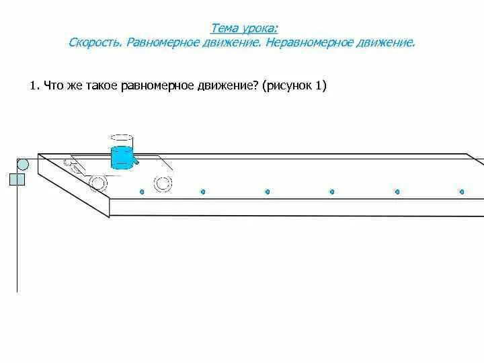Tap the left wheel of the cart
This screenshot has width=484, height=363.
click(x=99, y=183)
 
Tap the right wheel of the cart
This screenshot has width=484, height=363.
click(x=162, y=183)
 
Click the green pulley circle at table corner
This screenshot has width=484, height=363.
click(x=22, y=164)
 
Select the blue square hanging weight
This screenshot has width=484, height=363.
click(x=17, y=179)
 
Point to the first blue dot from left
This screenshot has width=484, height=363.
click(x=142, y=192)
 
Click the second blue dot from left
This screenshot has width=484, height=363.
click(x=203, y=192)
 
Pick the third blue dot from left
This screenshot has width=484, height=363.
click(x=268, y=192)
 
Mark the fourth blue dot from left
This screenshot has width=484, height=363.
click(x=332, y=192)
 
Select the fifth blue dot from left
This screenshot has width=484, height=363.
click(x=397, y=192)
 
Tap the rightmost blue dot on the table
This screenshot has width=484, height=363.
click(x=462, y=192)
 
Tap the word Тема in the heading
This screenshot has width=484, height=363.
click(x=223, y=28)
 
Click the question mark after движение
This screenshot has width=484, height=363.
click(x=259, y=86)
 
